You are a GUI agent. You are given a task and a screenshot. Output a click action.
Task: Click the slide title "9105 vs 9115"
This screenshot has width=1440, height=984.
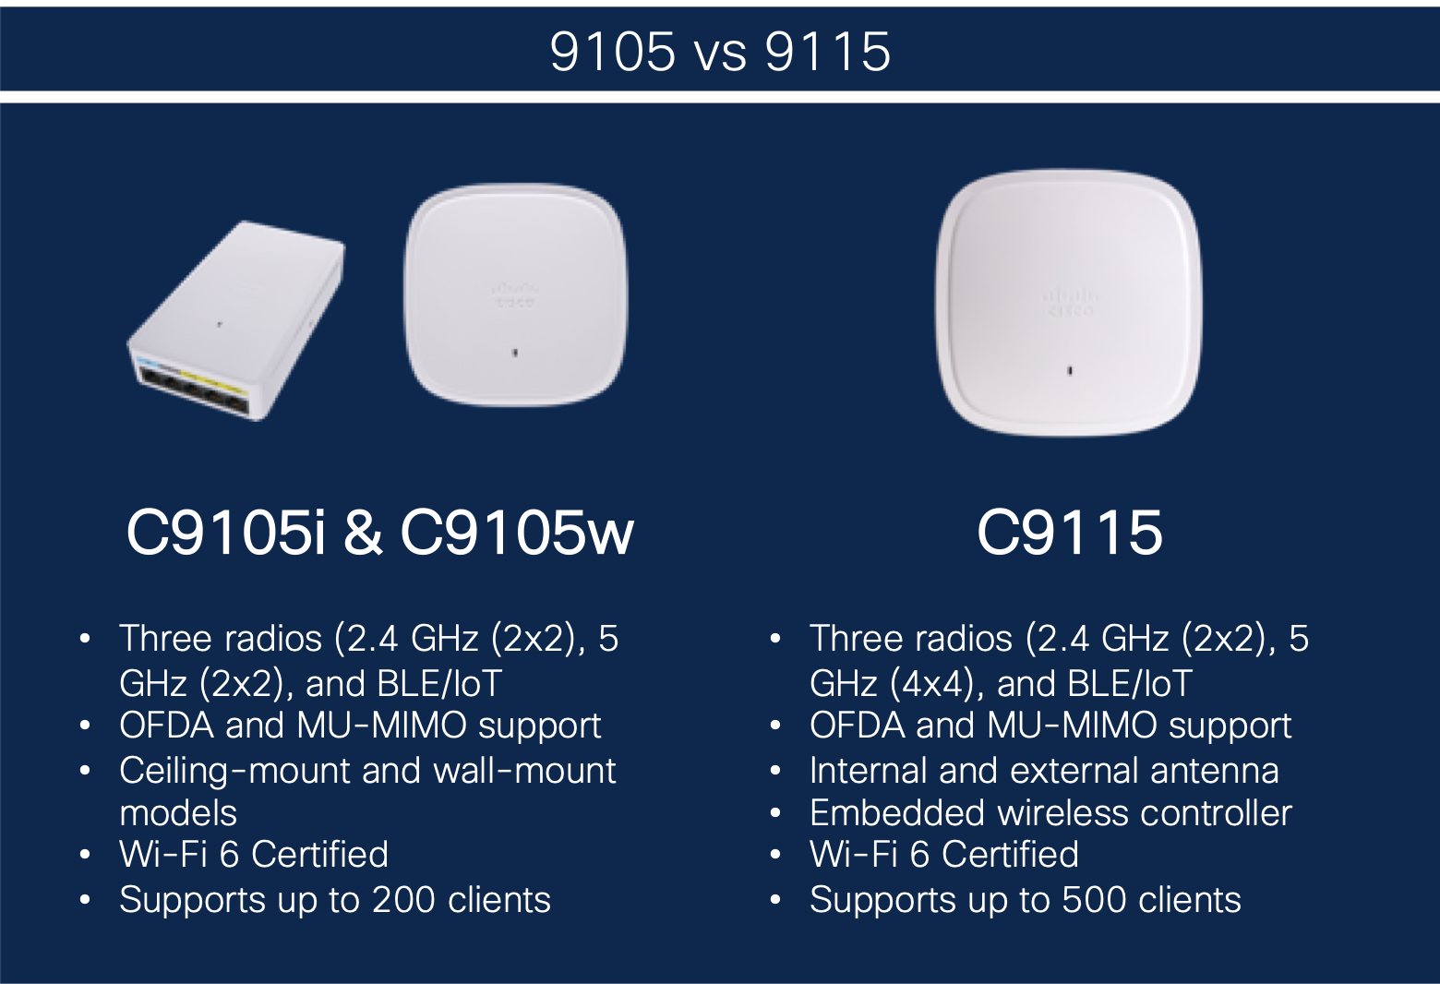click(x=720, y=52)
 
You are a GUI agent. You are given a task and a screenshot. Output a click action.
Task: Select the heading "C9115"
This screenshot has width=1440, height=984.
click(x=1070, y=533)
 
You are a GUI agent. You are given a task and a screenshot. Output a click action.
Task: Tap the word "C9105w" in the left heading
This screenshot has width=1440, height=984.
click(x=518, y=533)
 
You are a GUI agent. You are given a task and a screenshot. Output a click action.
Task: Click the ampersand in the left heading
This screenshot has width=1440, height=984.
click(x=363, y=533)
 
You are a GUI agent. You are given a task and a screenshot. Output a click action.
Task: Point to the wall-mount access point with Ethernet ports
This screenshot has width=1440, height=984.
click(x=236, y=320)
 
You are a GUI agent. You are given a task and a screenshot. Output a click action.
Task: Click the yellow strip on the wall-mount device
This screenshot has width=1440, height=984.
click(x=213, y=382)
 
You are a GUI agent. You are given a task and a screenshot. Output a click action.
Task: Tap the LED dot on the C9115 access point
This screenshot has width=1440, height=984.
click(x=1070, y=371)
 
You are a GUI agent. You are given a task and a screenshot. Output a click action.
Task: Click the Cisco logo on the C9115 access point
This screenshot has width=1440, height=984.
click(x=1071, y=304)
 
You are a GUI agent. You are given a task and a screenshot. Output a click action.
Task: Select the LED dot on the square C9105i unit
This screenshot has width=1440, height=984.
click(x=514, y=353)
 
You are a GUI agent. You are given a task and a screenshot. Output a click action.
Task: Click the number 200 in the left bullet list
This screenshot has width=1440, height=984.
click(x=403, y=899)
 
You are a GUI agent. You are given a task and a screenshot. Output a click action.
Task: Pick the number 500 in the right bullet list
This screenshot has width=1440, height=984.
click(x=1094, y=899)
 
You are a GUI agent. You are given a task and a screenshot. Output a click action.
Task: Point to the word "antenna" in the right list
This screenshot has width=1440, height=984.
click(x=1215, y=771)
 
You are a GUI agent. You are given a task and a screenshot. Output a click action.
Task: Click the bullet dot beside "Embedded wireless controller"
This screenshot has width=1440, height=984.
click(x=774, y=813)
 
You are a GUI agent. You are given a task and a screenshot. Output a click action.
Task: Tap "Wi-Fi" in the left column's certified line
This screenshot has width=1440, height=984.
click(x=163, y=854)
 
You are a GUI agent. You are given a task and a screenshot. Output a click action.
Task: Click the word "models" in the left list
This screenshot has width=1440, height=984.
click(x=178, y=813)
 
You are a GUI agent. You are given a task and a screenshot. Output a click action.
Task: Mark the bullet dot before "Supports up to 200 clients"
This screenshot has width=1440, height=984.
click(x=85, y=900)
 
